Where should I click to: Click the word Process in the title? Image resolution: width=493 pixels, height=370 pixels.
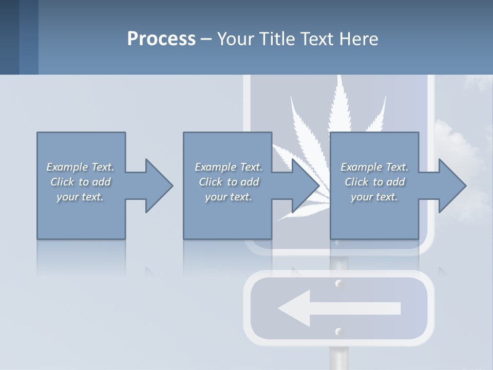[x=161, y=39]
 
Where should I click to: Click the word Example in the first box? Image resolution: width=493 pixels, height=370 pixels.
[x=67, y=167]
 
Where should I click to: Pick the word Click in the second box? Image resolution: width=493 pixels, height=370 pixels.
[x=210, y=182]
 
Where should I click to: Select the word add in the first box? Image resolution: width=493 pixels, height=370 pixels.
[x=101, y=182]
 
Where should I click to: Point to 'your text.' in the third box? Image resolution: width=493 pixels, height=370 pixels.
[x=374, y=197]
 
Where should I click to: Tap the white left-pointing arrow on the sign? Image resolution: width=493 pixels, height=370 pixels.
[x=339, y=308]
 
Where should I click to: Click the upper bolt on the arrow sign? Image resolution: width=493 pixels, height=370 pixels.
[x=338, y=284]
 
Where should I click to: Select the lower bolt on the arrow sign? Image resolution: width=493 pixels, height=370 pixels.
[x=338, y=331]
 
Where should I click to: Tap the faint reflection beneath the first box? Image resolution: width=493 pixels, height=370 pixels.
[x=81, y=257]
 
